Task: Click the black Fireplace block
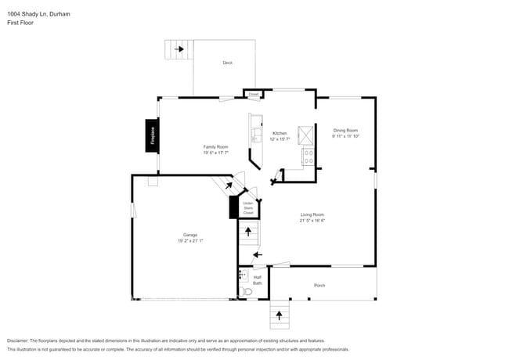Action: tap(152, 134)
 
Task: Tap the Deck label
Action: tap(227, 63)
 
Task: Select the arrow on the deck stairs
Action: tap(179, 49)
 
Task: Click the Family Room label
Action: tap(215, 146)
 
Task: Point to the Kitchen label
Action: tap(280, 133)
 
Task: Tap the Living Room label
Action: tap(312, 214)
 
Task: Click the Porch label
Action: tap(319, 285)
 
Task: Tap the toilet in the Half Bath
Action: tap(247, 292)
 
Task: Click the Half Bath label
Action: tap(257, 279)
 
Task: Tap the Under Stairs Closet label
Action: tap(248, 208)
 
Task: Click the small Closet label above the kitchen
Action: tap(253, 94)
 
